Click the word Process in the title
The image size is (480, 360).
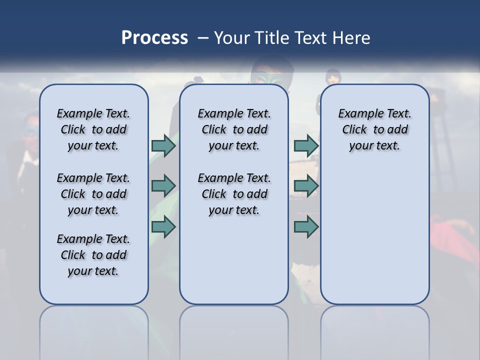click(x=154, y=38)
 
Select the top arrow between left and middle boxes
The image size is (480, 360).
click(x=163, y=145)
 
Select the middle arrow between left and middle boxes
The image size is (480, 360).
click(x=163, y=186)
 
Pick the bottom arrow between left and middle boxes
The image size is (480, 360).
click(x=163, y=226)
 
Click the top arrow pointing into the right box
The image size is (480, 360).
click(x=306, y=145)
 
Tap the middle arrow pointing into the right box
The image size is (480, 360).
click(x=306, y=186)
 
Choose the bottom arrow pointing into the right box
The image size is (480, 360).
click(x=306, y=226)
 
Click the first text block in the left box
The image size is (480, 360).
click(x=93, y=129)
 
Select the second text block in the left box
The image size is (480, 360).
click(x=93, y=194)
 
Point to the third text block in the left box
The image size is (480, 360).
click(x=93, y=255)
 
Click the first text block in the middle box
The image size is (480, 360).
click(x=234, y=129)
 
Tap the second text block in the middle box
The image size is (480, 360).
click(x=234, y=194)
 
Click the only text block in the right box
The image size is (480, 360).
click(x=375, y=129)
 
